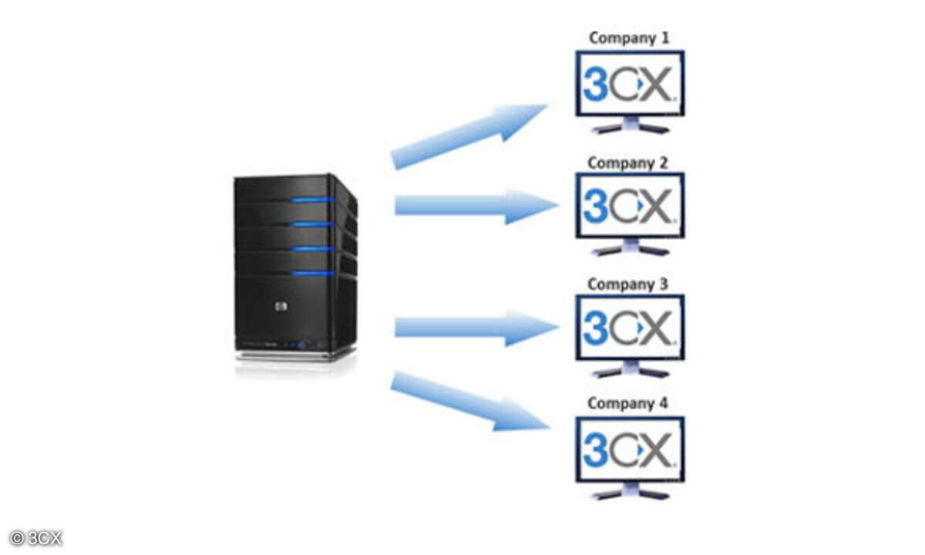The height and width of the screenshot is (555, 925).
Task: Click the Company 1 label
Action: tap(628, 38)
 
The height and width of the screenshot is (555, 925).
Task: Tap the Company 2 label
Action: tap(627, 163)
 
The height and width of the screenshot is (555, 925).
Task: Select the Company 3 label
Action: tap(627, 284)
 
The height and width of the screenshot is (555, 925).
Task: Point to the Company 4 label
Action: tap(627, 403)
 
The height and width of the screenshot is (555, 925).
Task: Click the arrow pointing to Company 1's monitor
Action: tap(469, 137)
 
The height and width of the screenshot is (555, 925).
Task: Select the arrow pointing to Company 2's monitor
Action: tap(477, 206)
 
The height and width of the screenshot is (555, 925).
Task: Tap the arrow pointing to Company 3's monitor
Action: tap(477, 328)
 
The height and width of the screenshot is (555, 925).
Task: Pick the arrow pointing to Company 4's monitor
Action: tap(470, 402)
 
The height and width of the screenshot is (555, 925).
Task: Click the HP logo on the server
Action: tap(281, 307)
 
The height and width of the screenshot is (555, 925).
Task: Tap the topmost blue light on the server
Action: tap(313, 200)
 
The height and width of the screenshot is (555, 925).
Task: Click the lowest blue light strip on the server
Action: tap(313, 274)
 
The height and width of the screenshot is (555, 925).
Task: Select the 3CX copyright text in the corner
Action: tap(35, 539)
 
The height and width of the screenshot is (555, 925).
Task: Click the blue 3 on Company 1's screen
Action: tap(595, 85)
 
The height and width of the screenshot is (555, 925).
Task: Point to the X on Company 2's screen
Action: tap(658, 206)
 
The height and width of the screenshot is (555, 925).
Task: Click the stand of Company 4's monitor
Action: tap(631, 491)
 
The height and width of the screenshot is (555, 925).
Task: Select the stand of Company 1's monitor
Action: tap(631, 125)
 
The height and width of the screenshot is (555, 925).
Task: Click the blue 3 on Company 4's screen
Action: tap(595, 450)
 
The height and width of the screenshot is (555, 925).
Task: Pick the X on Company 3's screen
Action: tap(658, 328)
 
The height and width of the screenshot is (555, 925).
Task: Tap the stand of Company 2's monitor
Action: tap(631, 247)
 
